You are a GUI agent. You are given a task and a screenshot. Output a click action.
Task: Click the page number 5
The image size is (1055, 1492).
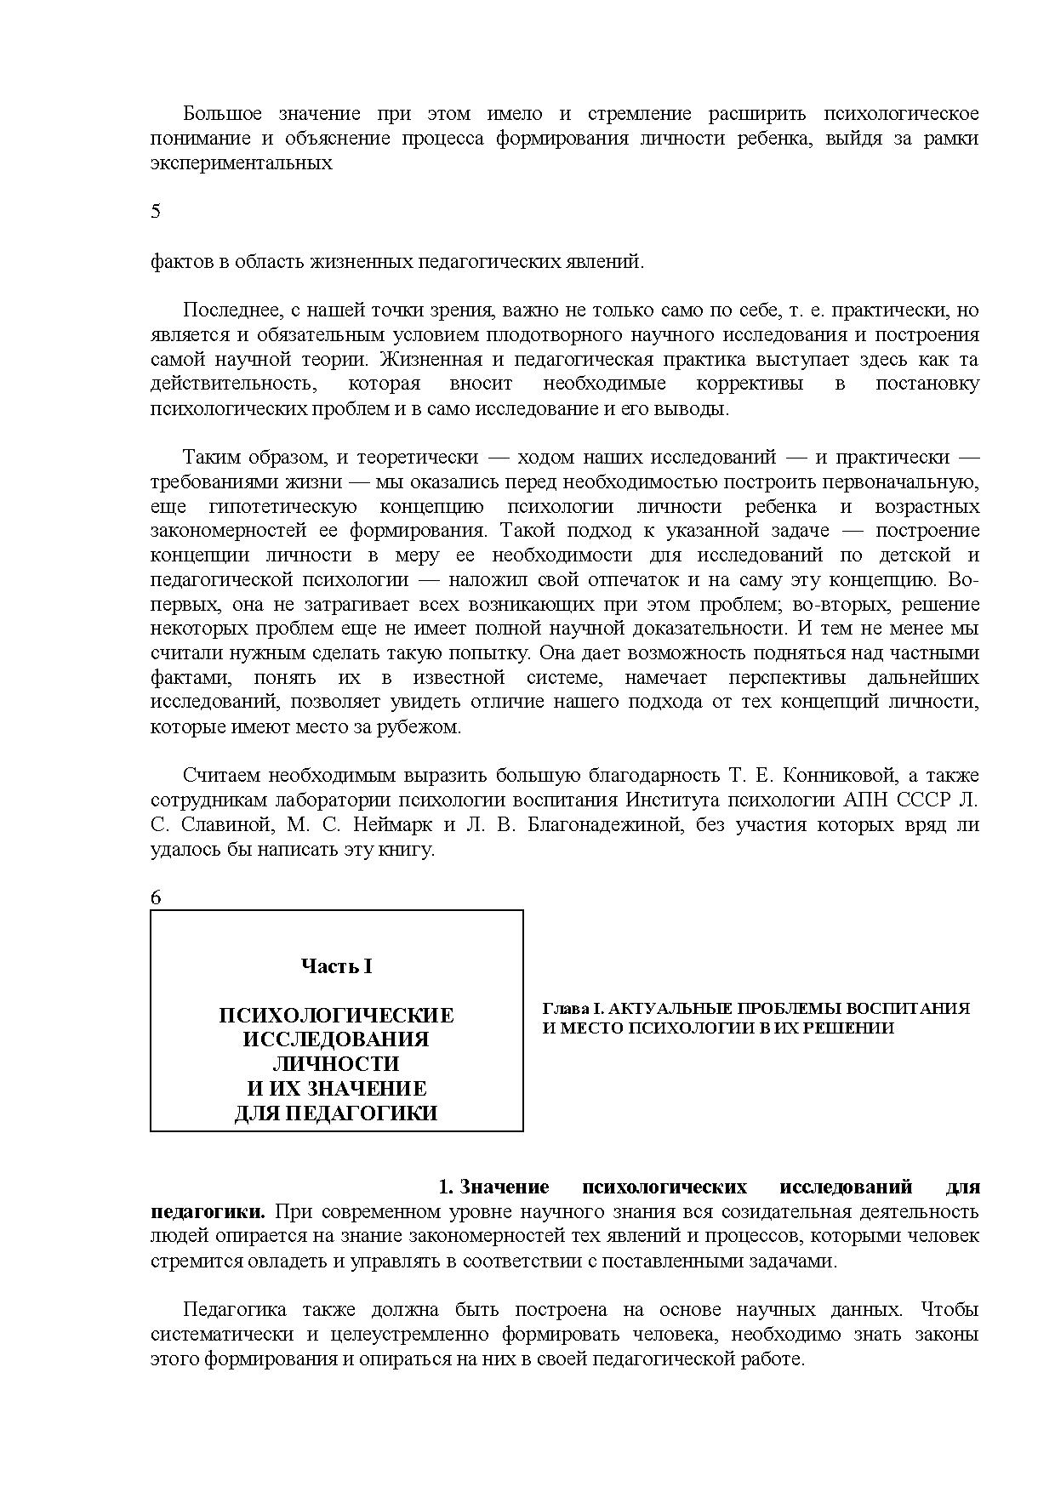[x=156, y=212]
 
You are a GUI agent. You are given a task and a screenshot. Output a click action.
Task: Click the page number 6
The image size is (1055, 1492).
[x=156, y=898]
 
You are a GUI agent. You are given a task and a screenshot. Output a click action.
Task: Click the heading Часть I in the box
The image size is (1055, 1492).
[x=336, y=966]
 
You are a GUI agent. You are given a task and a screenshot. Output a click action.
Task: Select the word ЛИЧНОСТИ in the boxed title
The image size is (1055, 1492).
[x=336, y=1064]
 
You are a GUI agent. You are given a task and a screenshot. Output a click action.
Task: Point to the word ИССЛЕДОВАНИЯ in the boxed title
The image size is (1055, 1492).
[x=336, y=1039]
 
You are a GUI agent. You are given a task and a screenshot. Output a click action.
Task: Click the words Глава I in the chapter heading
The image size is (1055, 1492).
[x=572, y=1009]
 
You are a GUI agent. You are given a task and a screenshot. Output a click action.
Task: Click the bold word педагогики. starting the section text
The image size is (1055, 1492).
[x=208, y=1211]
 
